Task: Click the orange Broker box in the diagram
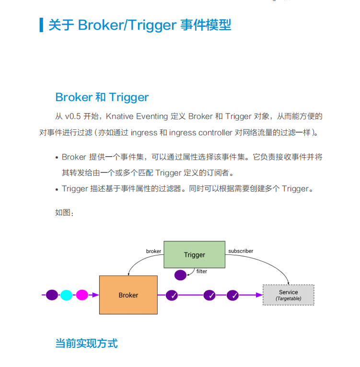point(128,295)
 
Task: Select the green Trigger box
point(194,254)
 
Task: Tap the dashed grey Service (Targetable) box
point(289,295)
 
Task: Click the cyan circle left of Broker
point(67,295)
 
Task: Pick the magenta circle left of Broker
point(82,295)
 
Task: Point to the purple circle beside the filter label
point(180,275)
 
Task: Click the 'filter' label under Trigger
point(202,271)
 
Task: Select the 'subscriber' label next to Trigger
point(241,251)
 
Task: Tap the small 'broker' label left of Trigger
point(153,251)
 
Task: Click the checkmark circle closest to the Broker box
point(172,295)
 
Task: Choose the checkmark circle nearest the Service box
point(232,295)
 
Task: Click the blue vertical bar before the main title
point(41,25)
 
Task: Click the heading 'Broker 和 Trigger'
point(102,97)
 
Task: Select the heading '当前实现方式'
point(86,343)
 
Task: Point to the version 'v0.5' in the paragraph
point(73,116)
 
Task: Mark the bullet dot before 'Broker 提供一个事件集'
point(56,158)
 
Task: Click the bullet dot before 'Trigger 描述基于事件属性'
point(56,189)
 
